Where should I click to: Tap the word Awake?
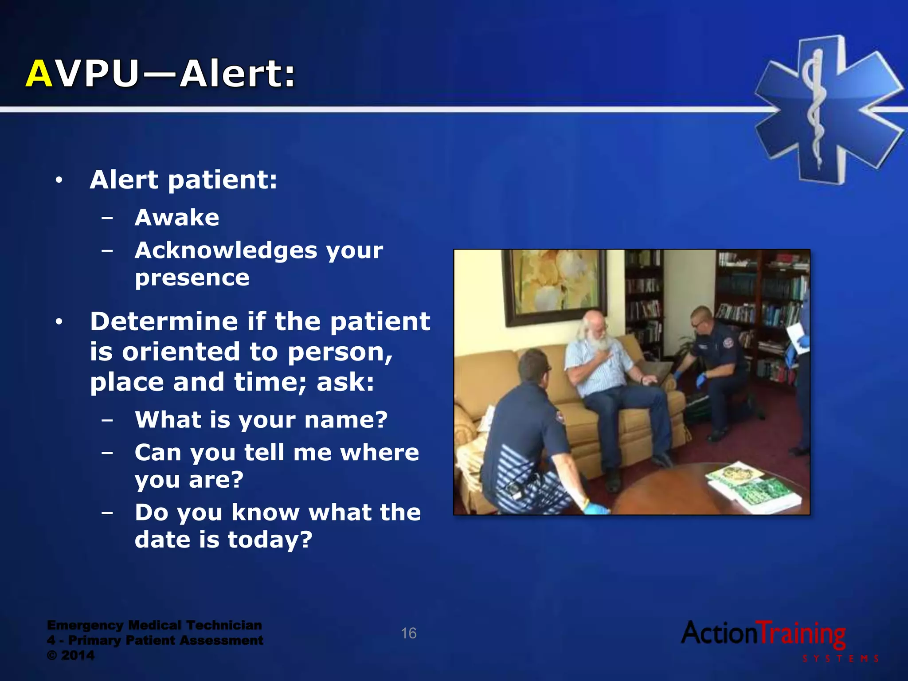click(177, 218)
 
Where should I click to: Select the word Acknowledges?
click(226, 250)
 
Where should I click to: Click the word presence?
click(192, 278)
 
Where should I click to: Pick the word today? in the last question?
click(270, 540)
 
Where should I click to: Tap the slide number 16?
click(408, 633)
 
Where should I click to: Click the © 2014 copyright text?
click(71, 655)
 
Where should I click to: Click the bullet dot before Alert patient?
click(59, 180)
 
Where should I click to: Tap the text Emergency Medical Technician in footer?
click(154, 625)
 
